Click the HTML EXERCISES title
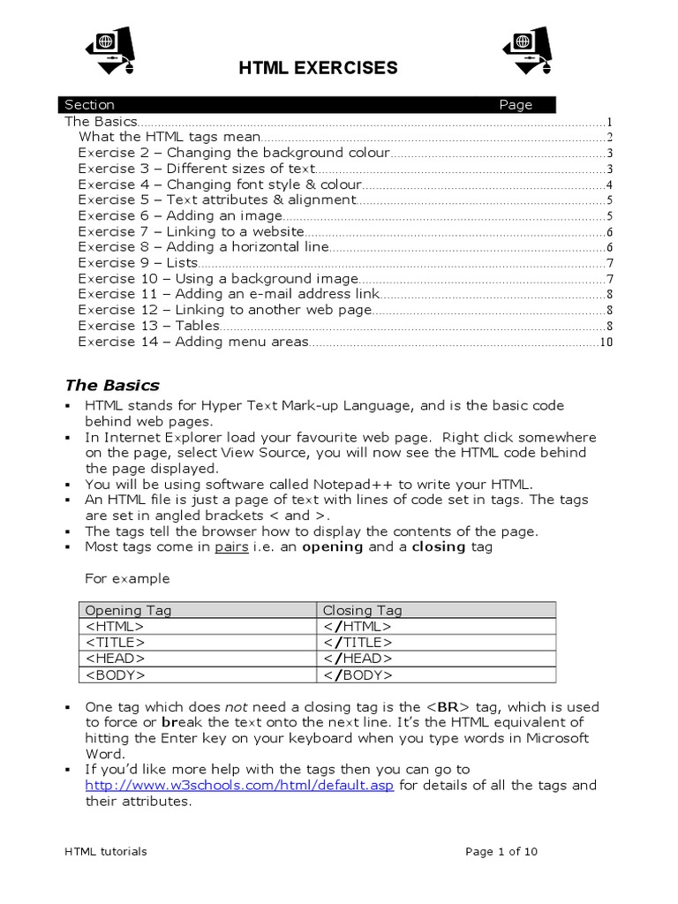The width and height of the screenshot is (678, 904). click(319, 69)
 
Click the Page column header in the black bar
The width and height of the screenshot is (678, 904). click(516, 105)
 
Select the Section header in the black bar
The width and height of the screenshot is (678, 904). click(89, 105)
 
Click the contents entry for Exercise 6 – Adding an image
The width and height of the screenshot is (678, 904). click(180, 216)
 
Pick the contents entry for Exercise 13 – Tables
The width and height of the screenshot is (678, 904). click(148, 326)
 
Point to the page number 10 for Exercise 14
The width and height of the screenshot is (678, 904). click(606, 343)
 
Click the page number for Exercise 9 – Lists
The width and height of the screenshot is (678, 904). click(609, 263)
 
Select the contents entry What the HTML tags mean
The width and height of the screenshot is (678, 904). click(169, 137)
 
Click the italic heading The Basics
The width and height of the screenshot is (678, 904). click(112, 385)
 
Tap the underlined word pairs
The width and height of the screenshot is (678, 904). click(231, 546)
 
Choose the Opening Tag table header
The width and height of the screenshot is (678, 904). click(128, 610)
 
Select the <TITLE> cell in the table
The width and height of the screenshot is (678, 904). click(115, 642)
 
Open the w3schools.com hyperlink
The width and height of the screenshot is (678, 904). click(240, 786)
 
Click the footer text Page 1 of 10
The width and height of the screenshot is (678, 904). click(501, 852)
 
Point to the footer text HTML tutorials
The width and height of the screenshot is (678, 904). click(106, 852)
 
